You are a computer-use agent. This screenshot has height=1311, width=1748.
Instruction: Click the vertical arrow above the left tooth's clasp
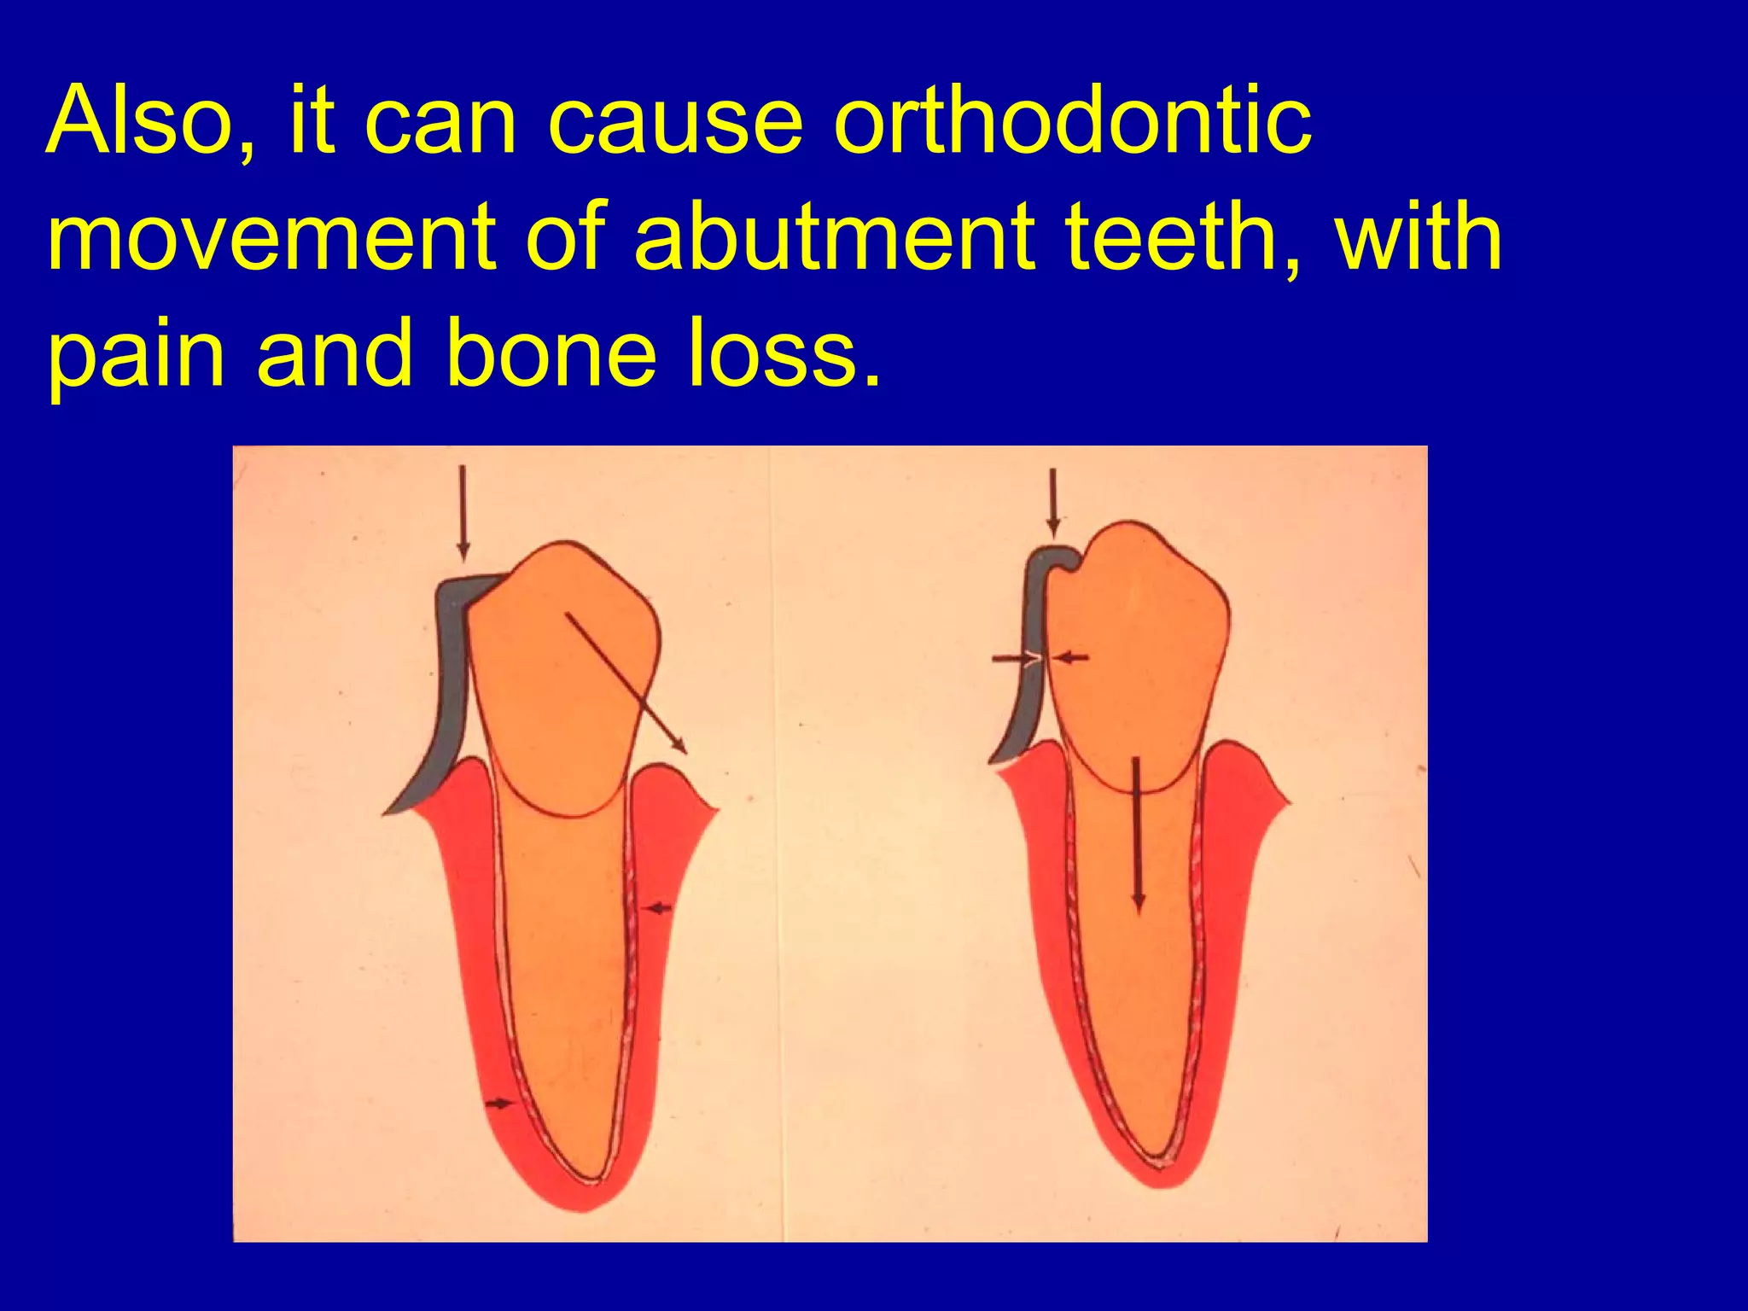click(x=463, y=512)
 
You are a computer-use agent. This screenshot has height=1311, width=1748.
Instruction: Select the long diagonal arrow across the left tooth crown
click(x=626, y=683)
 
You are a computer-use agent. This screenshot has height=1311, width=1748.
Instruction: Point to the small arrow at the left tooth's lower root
click(x=499, y=1104)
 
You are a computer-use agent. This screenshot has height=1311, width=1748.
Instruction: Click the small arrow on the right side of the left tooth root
click(x=657, y=909)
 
